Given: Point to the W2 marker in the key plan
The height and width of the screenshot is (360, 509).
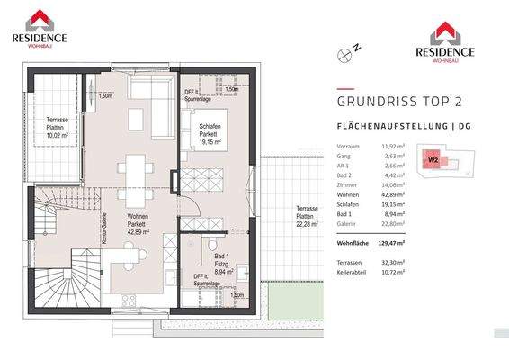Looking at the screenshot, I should click(x=433, y=160).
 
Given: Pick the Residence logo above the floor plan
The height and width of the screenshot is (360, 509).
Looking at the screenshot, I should click(x=39, y=28).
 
